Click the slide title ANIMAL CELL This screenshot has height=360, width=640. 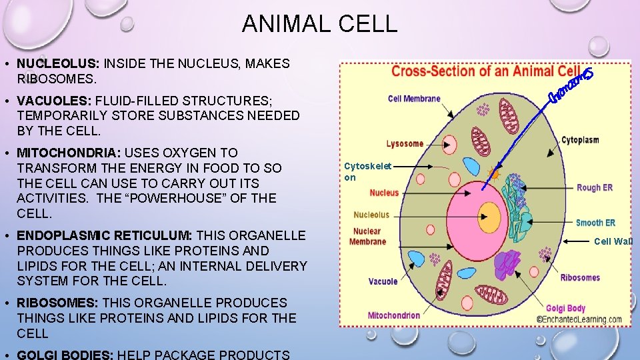pos(319,23)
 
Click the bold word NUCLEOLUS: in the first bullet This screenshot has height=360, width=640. pos(58,64)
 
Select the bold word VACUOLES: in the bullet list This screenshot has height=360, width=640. pos(55,101)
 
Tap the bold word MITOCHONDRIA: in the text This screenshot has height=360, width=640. pos(69,153)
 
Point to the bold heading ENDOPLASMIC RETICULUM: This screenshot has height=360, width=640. pos(105,235)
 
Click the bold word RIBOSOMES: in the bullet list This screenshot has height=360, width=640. pos(57,303)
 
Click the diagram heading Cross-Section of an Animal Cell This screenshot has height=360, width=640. pos(485,72)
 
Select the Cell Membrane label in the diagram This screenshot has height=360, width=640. pos(414,99)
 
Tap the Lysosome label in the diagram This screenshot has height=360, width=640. pos(405,143)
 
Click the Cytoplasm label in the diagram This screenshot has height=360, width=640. pos(579,140)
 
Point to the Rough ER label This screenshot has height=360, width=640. pos(594,188)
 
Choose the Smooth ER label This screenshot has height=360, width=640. pos(595,223)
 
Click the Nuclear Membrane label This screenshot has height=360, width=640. pos(367,236)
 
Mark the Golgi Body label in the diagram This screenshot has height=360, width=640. pos(565,308)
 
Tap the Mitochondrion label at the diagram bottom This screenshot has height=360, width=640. pos(394,315)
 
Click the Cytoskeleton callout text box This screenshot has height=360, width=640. pos(367,172)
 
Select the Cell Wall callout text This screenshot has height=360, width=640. pos(613,241)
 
